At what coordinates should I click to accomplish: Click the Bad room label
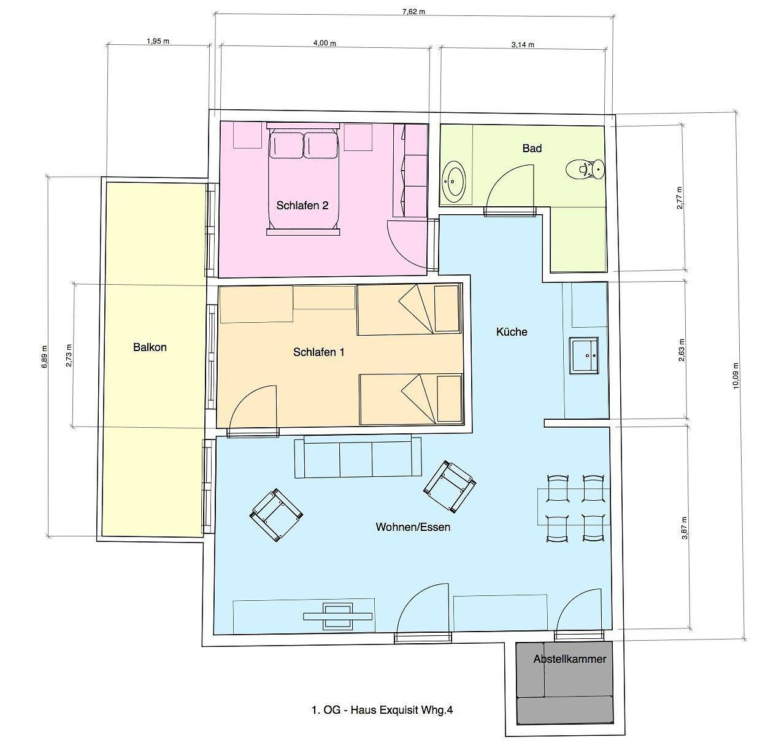[532, 149]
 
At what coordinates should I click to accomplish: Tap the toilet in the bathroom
[585, 169]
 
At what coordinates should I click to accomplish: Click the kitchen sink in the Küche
[584, 355]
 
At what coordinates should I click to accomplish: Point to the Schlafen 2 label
[302, 206]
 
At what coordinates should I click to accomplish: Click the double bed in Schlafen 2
[303, 179]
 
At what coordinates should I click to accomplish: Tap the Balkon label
[150, 347]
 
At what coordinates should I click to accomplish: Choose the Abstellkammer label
[569, 659]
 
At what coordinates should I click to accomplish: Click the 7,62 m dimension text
[413, 12]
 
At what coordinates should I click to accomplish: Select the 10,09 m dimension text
[736, 376]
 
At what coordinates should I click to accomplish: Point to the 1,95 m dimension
[158, 41]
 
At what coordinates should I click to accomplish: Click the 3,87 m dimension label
[685, 528]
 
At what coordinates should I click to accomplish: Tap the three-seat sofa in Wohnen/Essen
[358, 457]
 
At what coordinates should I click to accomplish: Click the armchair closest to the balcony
[276, 514]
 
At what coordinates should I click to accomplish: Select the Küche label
[512, 332]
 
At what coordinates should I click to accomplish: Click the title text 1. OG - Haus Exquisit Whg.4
[382, 710]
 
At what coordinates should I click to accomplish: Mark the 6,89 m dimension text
[44, 357]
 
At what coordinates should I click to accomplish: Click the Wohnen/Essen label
[413, 527]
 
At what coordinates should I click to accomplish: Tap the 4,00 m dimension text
[325, 43]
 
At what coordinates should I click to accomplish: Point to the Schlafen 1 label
[318, 352]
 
